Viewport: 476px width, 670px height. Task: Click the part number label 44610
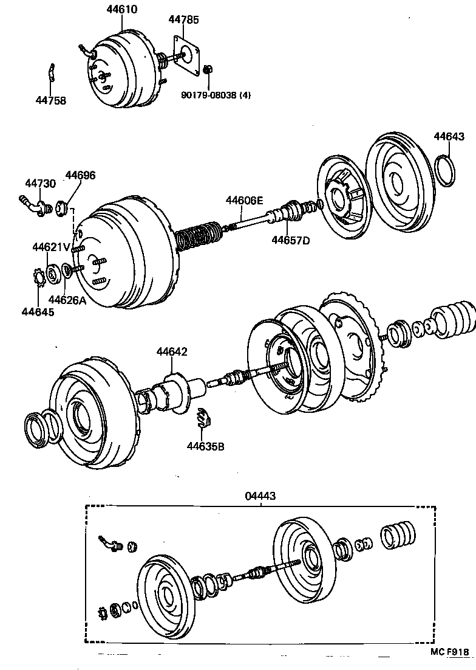[121, 9]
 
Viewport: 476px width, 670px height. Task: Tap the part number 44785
[184, 19]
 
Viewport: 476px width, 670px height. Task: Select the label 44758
[50, 100]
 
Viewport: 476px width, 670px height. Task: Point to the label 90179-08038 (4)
[216, 95]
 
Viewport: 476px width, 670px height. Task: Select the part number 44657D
[290, 240]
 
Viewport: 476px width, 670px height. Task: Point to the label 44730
[41, 183]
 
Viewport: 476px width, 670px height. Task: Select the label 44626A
[67, 299]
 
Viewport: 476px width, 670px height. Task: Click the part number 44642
[172, 352]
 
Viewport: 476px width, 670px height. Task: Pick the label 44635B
[206, 446]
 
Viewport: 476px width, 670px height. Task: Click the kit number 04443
[260, 496]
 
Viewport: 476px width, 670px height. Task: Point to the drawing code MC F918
[450, 652]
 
